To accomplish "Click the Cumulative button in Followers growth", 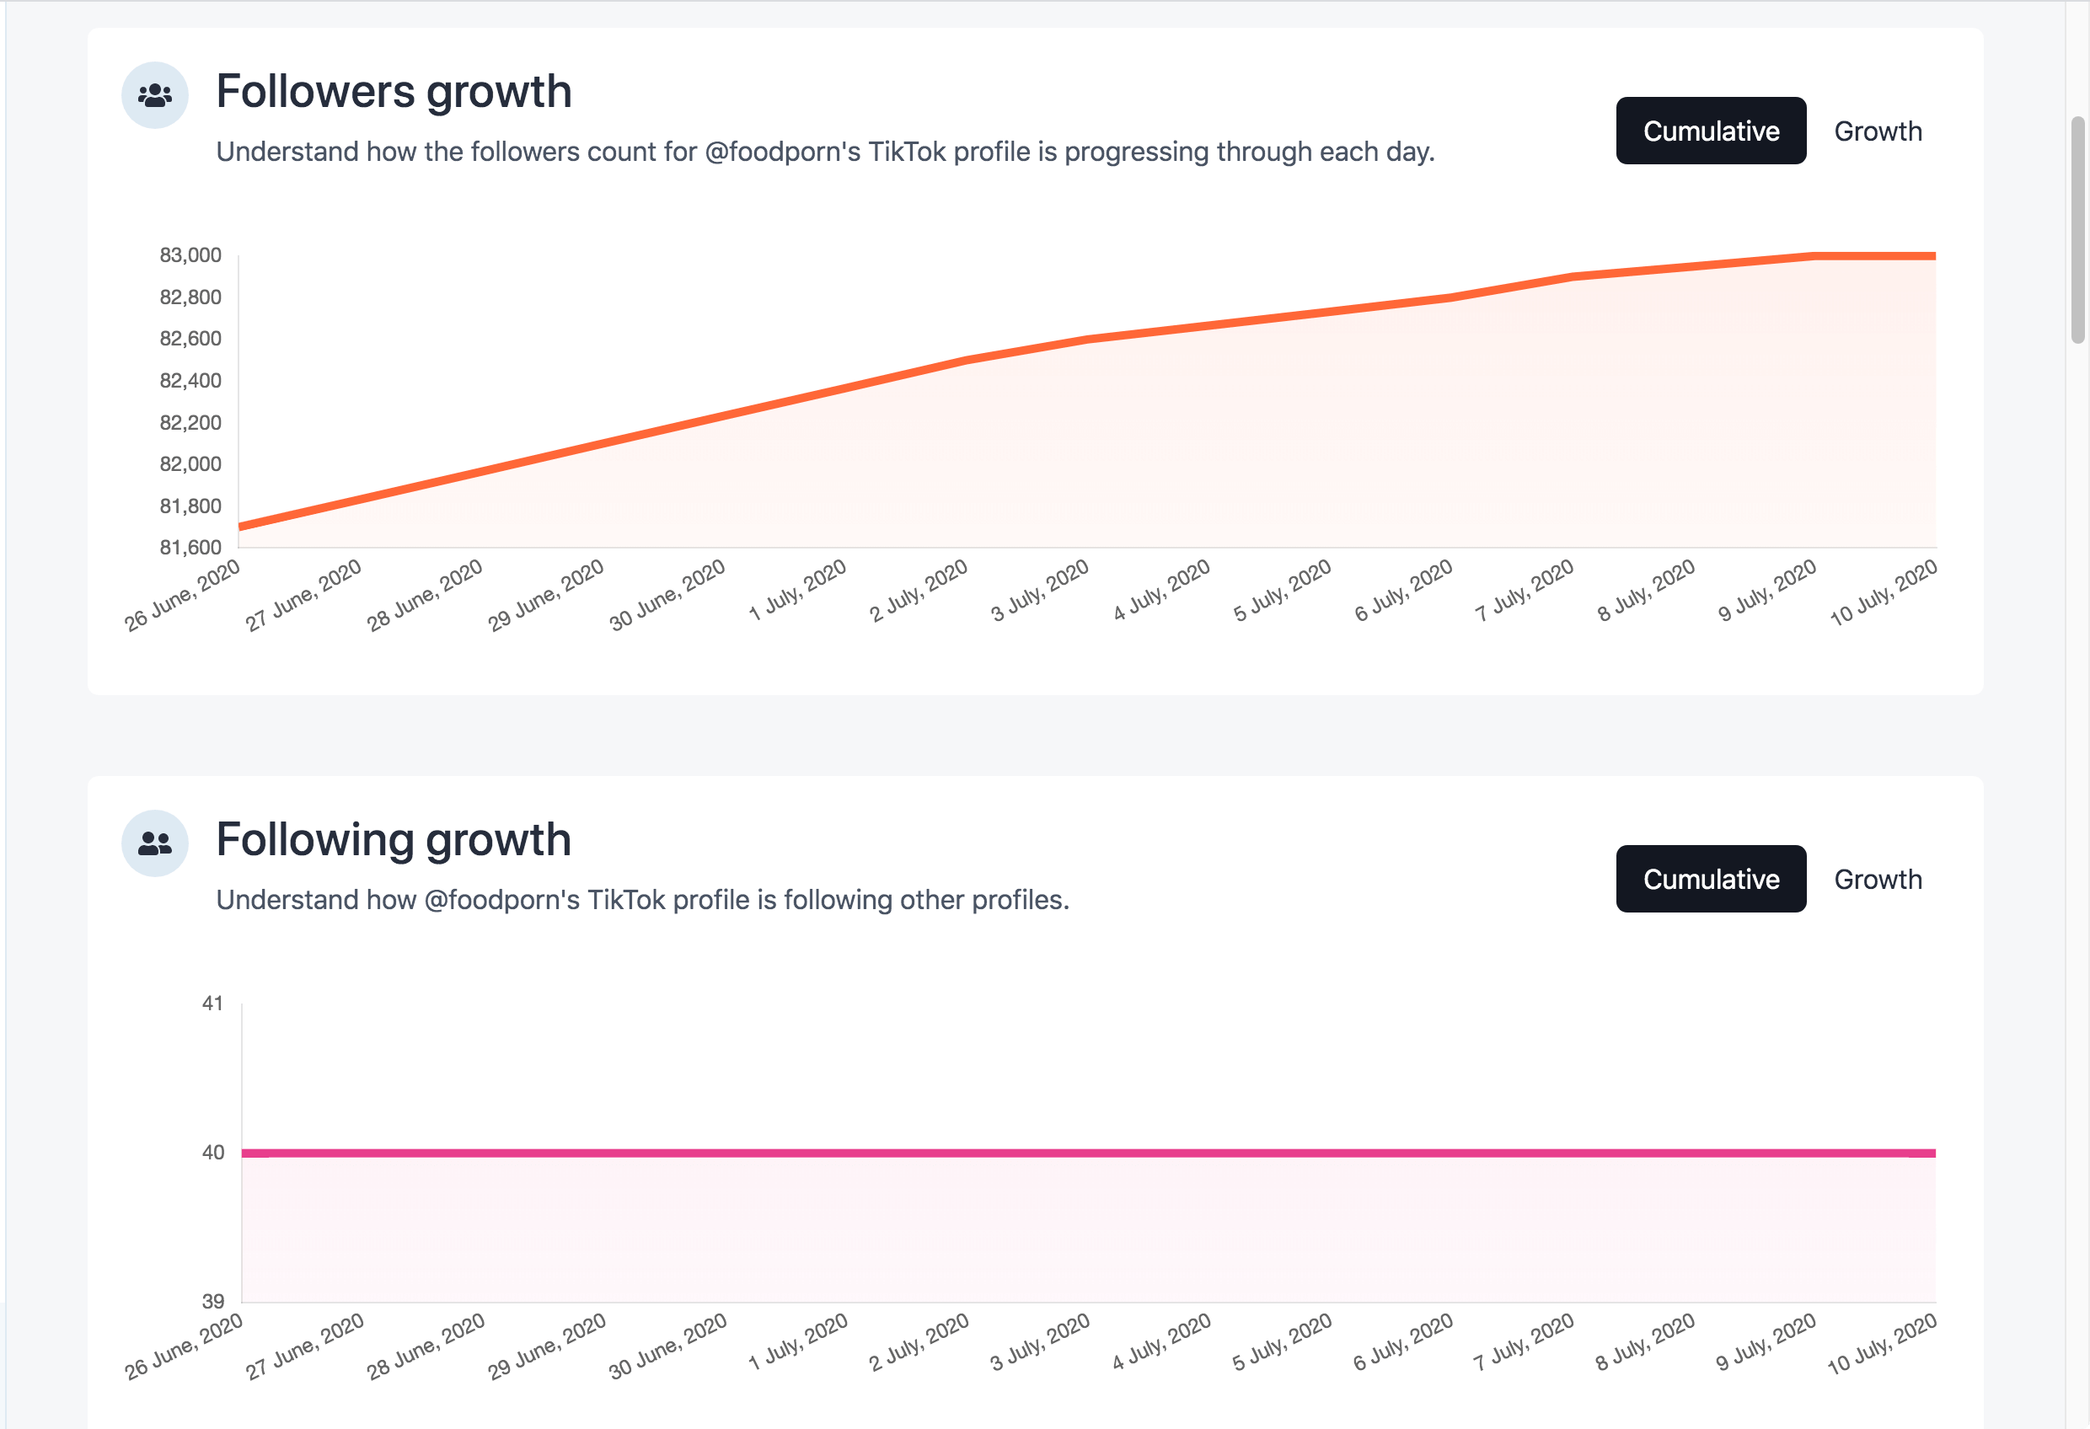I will point(1711,131).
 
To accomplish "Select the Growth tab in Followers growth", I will point(1878,131).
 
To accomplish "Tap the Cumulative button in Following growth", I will point(1711,880).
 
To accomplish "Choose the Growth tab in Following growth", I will point(1878,880).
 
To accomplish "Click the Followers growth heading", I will point(394,92).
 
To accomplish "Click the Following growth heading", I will point(394,840).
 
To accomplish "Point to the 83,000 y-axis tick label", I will point(190,255).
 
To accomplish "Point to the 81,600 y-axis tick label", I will point(190,548).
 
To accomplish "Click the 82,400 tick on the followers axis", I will point(190,380).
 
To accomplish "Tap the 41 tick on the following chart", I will point(213,1004).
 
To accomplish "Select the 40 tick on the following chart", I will point(213,1153).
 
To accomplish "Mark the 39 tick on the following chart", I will point(213,1301).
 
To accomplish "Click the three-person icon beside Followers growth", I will point(155,95).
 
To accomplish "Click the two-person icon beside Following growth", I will point(155,843).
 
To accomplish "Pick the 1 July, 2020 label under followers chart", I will point(799,590).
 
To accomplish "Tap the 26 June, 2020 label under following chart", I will point(185,1346).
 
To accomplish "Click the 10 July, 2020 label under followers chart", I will point(1884,592).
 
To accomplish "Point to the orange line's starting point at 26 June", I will point(240,526).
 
